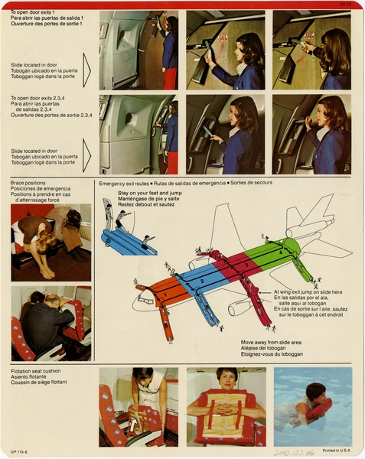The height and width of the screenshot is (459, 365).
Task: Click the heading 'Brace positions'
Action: pos(28,184)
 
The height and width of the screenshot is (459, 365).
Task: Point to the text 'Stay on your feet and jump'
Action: pos(149,194)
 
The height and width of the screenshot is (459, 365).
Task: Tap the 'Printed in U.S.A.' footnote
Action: pos(337,450)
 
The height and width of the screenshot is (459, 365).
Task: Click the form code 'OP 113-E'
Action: pos(21,451)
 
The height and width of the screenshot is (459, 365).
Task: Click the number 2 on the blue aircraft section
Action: pos(200,281)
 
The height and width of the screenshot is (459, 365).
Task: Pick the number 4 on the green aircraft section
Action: pos(282,250)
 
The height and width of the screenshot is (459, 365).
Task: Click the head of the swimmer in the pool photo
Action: pos(314,393)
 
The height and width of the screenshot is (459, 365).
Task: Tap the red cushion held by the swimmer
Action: pos(320,409)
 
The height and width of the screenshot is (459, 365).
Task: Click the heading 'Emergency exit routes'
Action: pos(124,184)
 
